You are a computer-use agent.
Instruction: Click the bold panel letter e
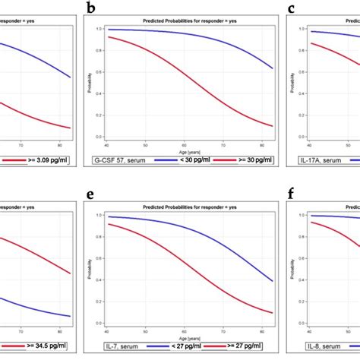click(x=91, y=195)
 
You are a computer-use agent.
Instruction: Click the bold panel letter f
click(x=292, y=195)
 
